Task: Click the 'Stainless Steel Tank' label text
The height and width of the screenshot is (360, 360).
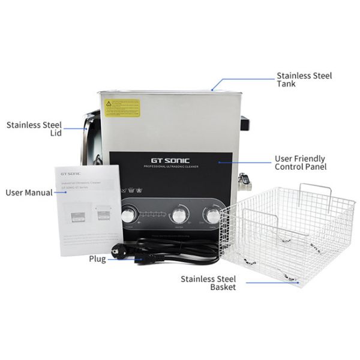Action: [304, 80]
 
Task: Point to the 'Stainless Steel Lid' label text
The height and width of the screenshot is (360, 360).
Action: [34, 129]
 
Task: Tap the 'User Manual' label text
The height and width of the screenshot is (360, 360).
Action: [28, 193]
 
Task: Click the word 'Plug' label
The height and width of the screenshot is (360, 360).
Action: [97, 259]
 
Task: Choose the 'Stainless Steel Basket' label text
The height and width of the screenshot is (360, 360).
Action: [209, 283]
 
